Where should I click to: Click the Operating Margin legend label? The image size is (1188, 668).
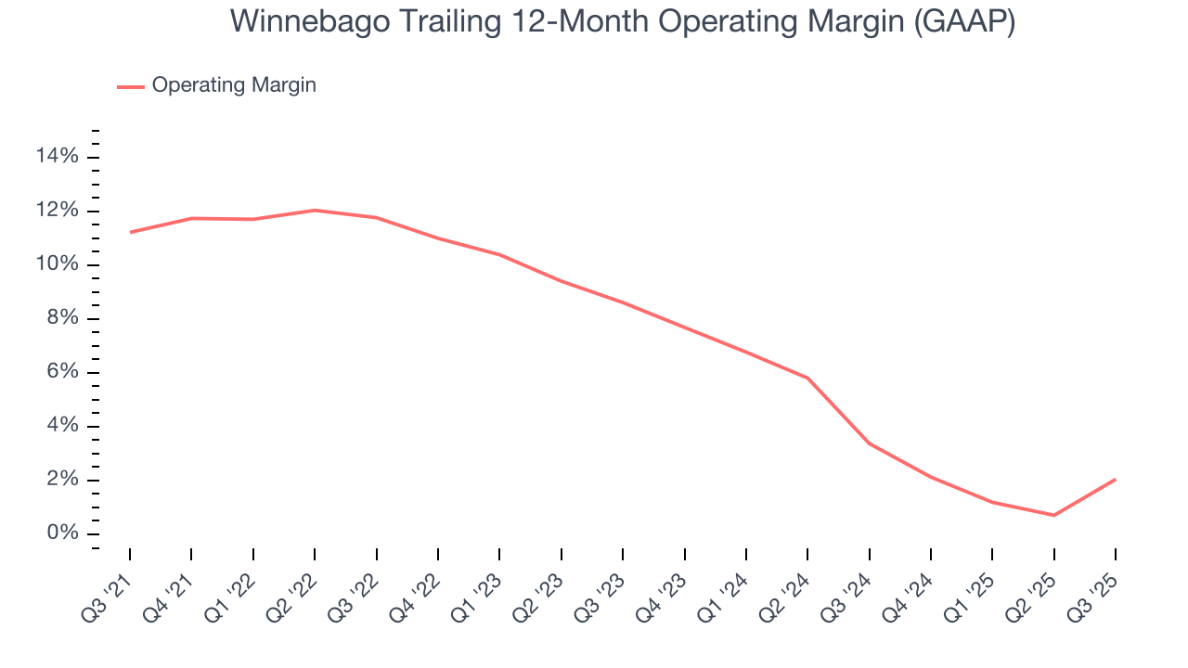point(234,85)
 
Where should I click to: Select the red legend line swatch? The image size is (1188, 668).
point(131,86)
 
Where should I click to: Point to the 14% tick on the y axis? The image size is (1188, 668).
point(57,157)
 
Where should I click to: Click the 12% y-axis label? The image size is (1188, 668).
point(57,211)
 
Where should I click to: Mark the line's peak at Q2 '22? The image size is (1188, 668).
point(315,210)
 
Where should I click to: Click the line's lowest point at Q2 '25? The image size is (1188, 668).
point(1053,515)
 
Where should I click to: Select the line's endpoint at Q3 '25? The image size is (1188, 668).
point(1115,480)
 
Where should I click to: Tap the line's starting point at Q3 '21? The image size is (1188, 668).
point(130,232)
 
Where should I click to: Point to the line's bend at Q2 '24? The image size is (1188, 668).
point(807,378)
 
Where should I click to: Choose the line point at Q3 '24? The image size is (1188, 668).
point(869,443)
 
